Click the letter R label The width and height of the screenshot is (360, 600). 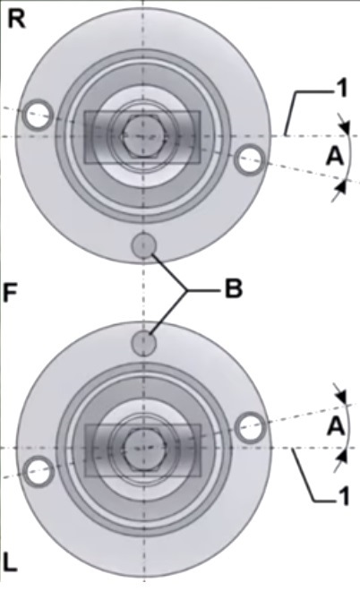16,19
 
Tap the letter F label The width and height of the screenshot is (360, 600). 10,294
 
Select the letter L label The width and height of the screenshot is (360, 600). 11,563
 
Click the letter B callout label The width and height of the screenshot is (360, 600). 234,289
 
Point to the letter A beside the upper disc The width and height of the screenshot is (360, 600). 335,157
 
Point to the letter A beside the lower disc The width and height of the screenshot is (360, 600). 336,426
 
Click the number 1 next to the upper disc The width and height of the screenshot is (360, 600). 341,89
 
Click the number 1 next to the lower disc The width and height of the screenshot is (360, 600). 343,496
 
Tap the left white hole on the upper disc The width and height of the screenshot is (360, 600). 38,114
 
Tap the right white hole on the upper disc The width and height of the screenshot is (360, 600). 250,159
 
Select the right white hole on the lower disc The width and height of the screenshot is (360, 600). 250,427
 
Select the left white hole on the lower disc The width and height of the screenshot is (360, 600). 39,471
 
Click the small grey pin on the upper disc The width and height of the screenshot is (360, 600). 144,245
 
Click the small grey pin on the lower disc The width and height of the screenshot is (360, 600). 144,343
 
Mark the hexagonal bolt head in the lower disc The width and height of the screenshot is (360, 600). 144,448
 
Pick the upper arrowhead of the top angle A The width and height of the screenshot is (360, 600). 344,126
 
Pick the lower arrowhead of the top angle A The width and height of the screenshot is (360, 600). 341,187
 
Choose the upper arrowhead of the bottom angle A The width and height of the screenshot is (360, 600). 341,395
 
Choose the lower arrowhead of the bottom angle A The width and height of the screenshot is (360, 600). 343,457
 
